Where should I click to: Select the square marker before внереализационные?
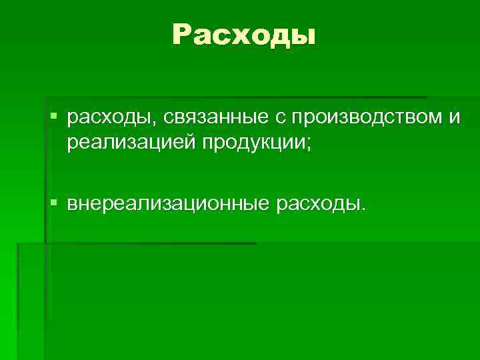click(x=54, y=199)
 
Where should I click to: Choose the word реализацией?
click(x=129, y=143)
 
